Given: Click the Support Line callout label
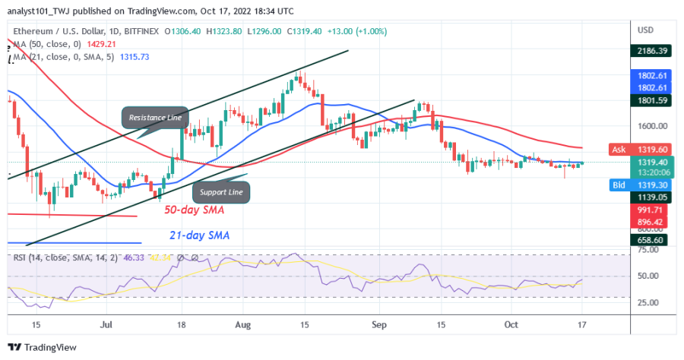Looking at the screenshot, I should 221,192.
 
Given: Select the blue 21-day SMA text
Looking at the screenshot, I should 200,236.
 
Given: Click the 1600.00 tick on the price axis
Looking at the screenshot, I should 653,127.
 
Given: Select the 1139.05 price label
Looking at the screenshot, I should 653,195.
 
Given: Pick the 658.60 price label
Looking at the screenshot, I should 653,238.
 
